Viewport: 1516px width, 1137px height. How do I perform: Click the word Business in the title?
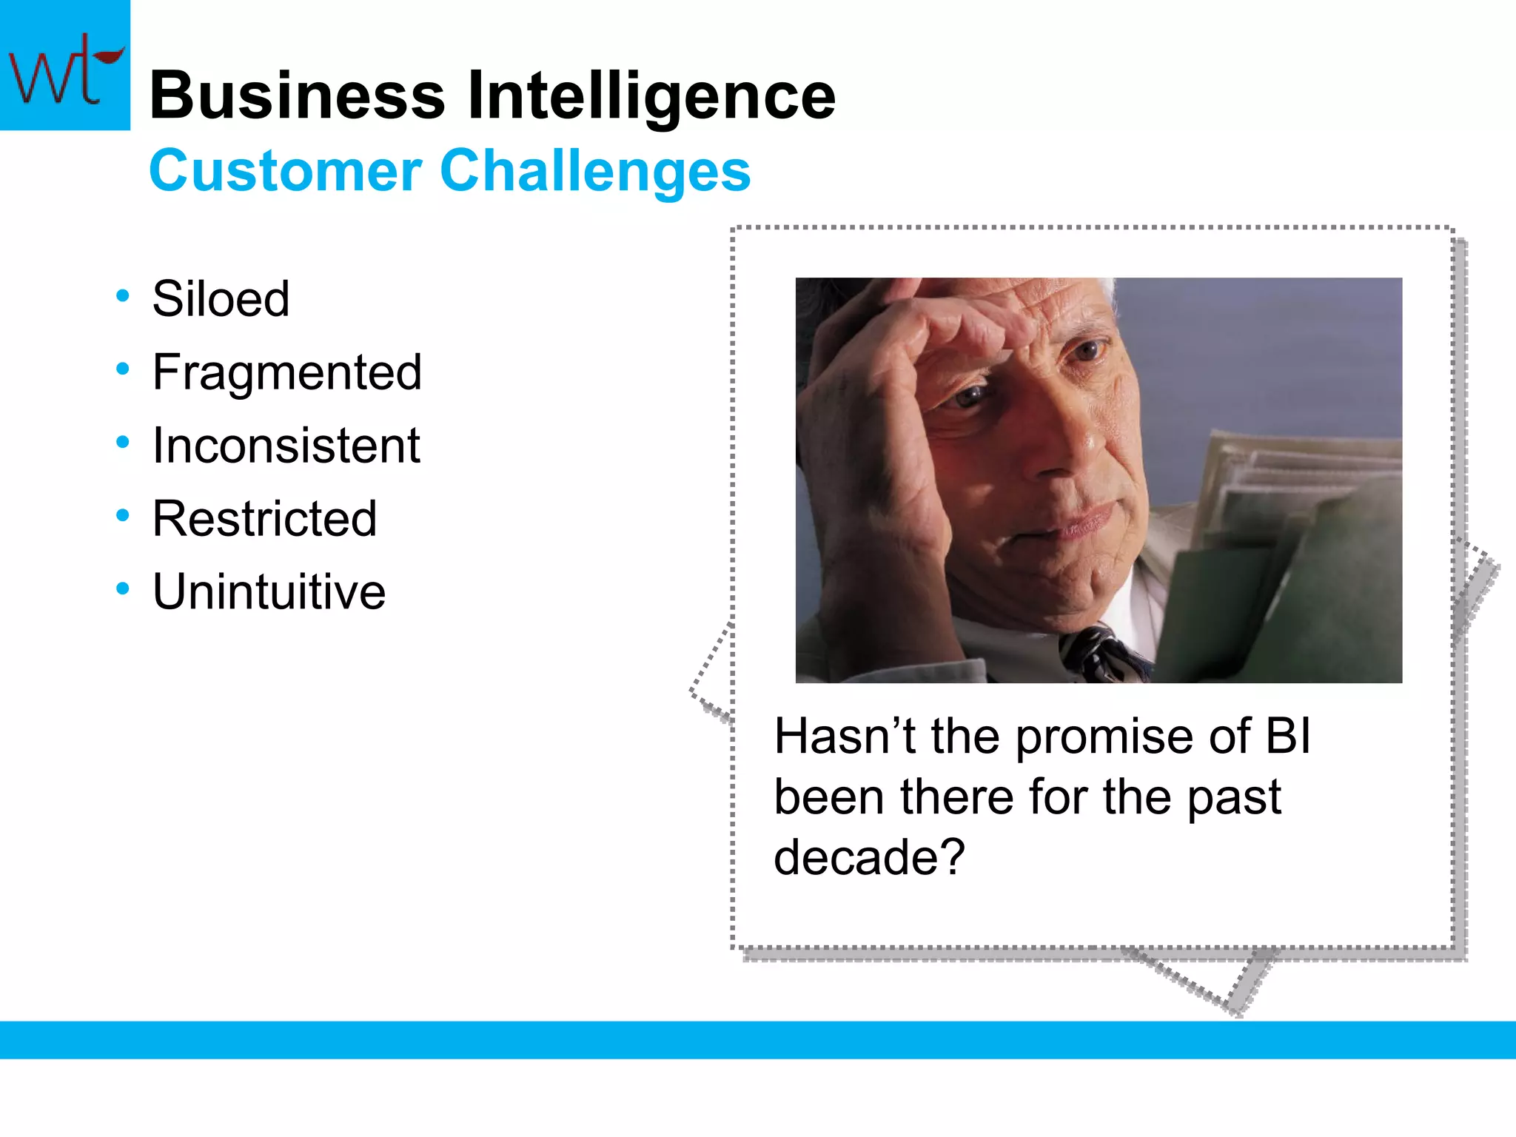(297, 96)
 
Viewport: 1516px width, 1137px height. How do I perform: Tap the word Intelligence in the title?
(651, 96)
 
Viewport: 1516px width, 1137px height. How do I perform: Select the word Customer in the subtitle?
(285, 171)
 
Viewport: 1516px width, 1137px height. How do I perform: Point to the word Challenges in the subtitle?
(595, 171)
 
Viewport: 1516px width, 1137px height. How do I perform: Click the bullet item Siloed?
(221, 299)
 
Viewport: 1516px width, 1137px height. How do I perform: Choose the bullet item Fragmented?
(286, 372)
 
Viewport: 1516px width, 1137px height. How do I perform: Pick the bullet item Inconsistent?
(286, 446)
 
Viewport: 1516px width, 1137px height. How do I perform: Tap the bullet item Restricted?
(264, 519)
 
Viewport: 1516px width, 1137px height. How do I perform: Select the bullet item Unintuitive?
(269, 592)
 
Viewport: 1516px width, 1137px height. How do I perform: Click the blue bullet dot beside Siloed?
(123, 296)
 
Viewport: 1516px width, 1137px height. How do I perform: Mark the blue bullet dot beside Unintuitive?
(123, 589)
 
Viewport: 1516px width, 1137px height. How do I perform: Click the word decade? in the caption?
(869, 857)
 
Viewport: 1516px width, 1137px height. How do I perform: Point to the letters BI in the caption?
(1287, 737)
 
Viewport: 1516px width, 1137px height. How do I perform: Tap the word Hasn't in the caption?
(845, 737)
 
